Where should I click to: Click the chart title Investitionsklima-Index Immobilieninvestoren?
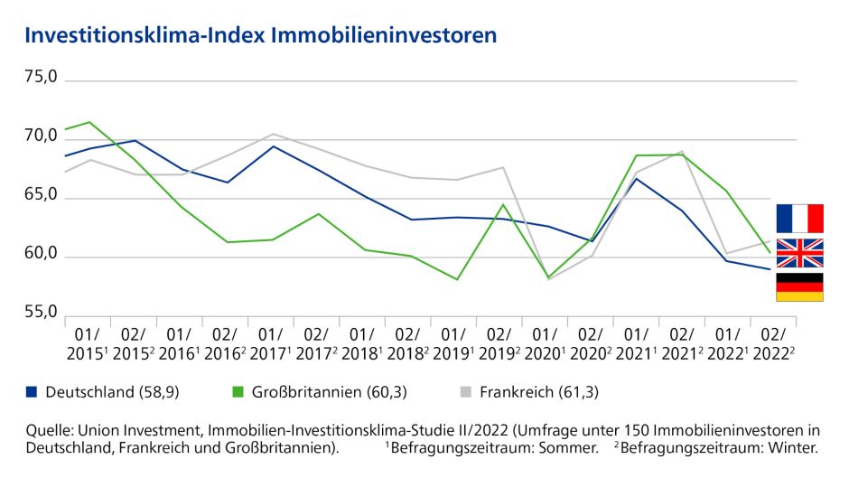261,35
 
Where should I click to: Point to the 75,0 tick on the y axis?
41,78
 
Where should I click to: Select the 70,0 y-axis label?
41,137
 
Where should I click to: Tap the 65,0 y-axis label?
41,196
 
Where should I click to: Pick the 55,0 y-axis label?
41,314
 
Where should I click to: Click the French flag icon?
799,219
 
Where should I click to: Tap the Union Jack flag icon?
799,253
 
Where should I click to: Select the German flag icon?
799,286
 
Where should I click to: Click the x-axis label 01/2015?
88,342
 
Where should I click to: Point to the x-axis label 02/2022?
774,342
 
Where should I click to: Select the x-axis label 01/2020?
546,342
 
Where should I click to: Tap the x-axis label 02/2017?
316,342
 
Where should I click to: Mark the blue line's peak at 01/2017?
273,146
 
